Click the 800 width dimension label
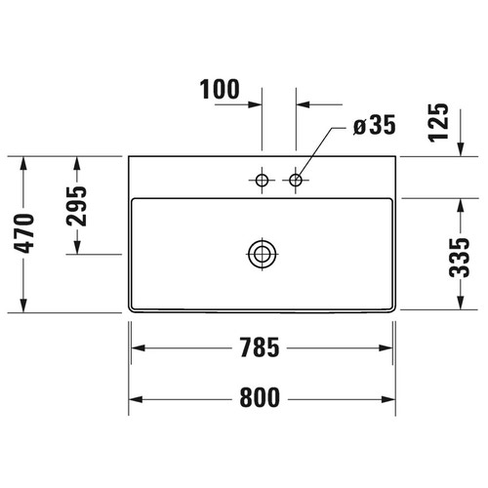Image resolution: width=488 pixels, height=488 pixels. coord(263,398)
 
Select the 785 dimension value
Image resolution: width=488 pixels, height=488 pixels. coord(263,346)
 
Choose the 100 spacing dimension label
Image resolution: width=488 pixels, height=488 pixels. coord(220,90)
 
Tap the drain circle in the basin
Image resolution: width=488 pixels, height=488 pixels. coord(262,254)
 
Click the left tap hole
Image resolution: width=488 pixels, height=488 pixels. coord(262,180)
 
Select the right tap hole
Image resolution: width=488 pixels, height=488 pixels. coord(297,180)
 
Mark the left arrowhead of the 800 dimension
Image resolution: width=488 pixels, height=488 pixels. coord(136,398)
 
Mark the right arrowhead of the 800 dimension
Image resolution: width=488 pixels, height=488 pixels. coord(390,398)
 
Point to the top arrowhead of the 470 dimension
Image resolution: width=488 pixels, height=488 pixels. coord(24,162)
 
